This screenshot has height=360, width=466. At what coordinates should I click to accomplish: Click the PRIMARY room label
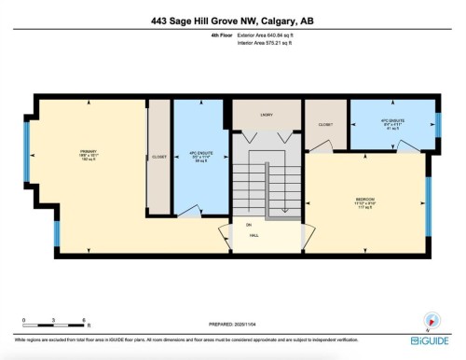89,153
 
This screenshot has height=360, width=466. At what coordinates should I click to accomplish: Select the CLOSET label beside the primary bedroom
160,157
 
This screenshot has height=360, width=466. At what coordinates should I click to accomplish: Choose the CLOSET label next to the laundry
325,124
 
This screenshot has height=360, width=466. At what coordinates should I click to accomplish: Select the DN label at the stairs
248,225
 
